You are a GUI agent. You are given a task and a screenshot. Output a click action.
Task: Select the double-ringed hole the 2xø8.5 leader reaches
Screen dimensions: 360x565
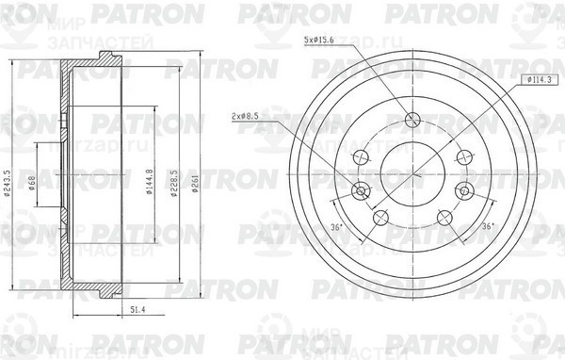click(x=360, y=192)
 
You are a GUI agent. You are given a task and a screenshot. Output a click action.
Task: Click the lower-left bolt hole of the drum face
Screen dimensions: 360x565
click(x=379, y=219)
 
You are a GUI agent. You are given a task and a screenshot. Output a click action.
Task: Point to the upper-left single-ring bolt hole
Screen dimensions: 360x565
click(x=360, y=157)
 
